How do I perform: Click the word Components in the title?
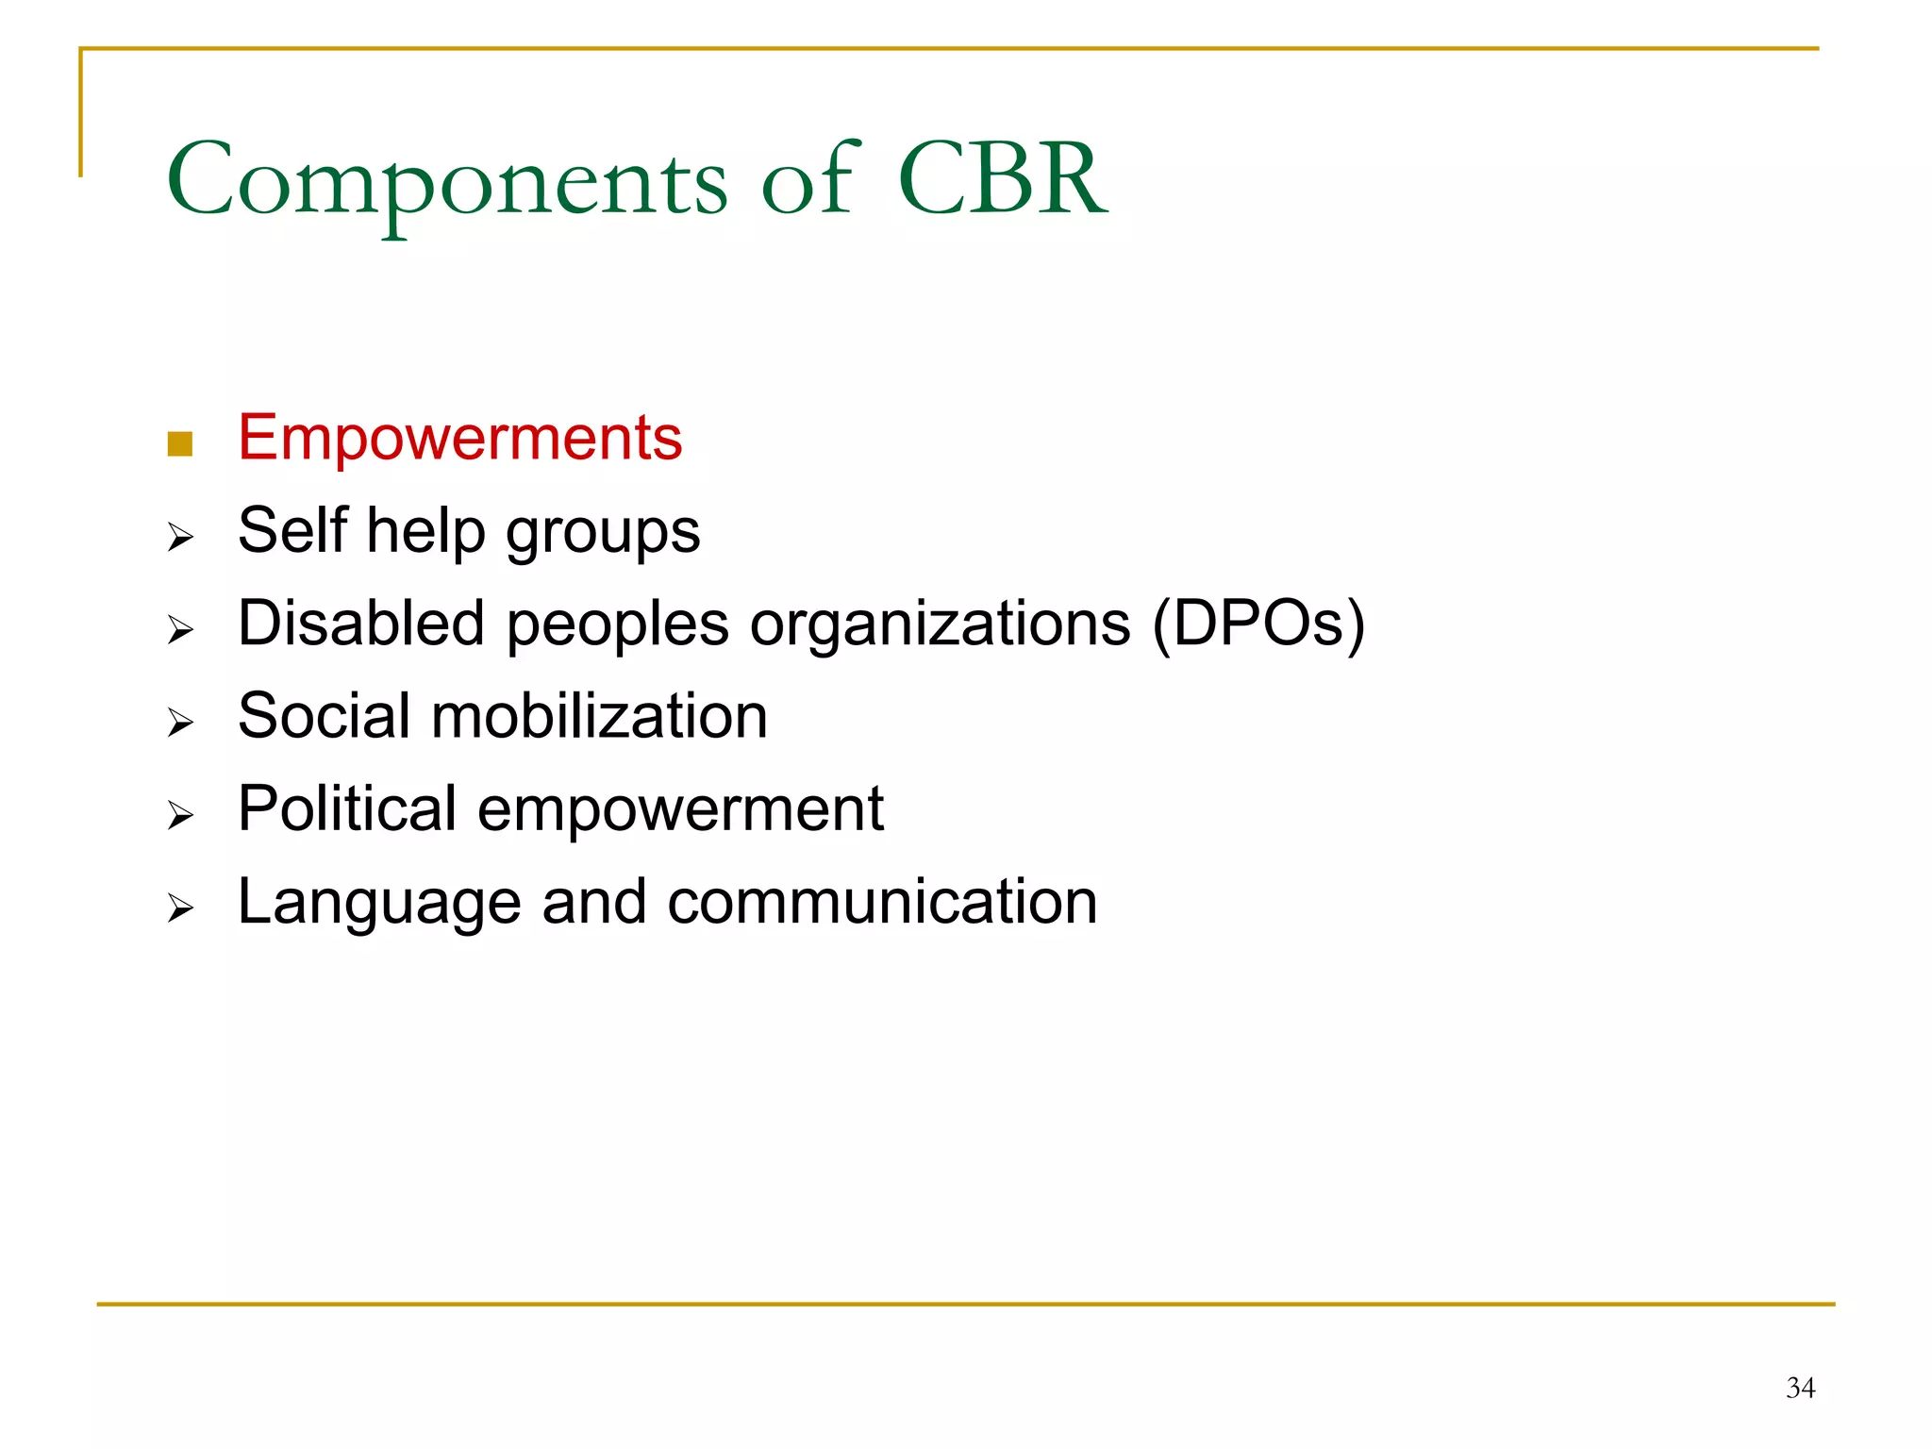[447, 180]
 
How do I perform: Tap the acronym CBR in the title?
[1002, 178]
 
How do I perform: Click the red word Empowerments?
[459, 438]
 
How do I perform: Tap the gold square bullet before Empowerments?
[179, 443]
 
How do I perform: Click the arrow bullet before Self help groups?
[180, 538]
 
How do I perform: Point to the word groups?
[603, 534]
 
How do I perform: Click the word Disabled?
[361, 623]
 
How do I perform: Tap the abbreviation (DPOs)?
[1258, 625]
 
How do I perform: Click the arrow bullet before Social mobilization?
[180, 723]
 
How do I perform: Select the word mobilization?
[599, 716]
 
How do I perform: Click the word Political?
[346, 808]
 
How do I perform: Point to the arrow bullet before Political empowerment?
[180, 815]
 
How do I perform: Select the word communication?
[882, 902]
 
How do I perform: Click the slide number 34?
[1800, 1388]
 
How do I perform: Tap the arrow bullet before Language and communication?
[180, 908]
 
